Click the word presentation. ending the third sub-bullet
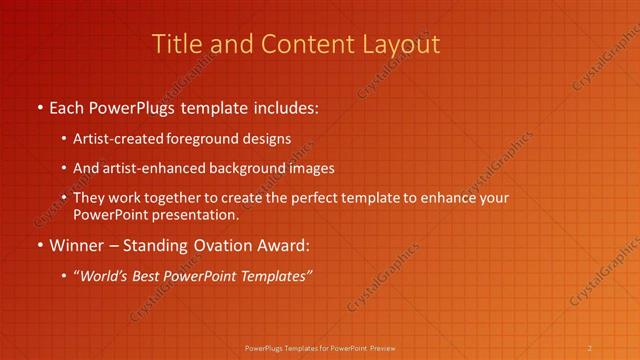198,214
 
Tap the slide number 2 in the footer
590,348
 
